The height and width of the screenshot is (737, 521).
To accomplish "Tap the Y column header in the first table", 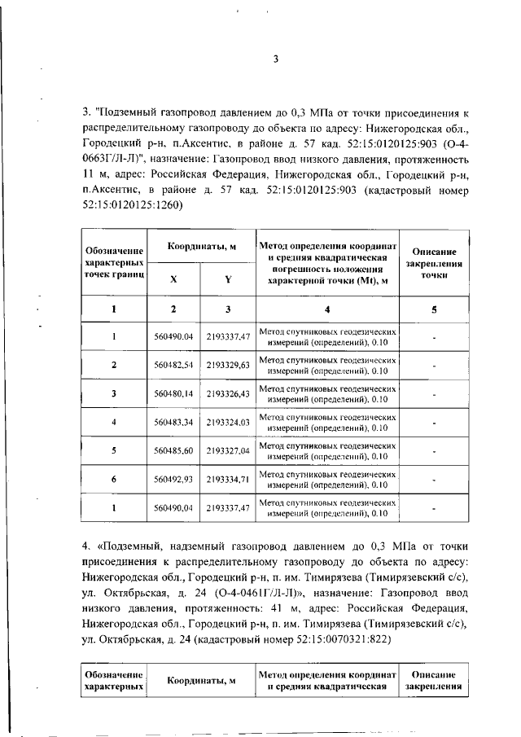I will tap(228, 279).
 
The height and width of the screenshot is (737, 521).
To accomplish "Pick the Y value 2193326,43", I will tap(227, 393).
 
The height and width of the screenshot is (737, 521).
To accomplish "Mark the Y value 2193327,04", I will tap(227, 450).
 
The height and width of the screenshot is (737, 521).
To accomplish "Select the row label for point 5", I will tap(114, 450).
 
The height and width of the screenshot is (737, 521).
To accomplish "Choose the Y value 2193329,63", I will tap(227, 364).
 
